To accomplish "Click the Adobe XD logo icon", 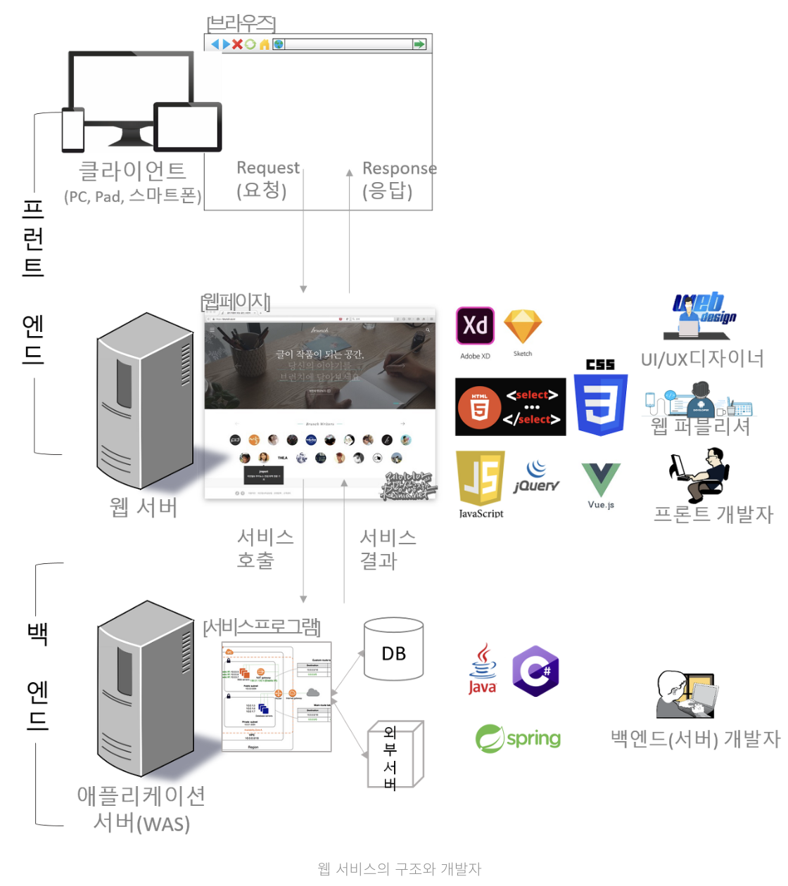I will [475, 326].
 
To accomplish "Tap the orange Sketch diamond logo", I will [523, 326].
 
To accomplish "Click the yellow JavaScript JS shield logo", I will [481, 477].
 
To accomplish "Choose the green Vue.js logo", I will [601, 480].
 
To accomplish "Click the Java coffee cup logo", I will [483, 669].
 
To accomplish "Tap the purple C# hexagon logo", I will [535, 671].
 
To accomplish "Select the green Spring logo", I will [518, 738].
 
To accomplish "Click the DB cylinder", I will [394, 650].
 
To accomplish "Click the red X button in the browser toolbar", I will [238, 44].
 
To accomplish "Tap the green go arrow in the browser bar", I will [419, 44].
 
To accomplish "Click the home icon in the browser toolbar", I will [265, 44].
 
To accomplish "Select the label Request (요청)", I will [267, 179].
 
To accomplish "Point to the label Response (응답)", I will [399, 180].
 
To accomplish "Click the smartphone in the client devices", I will [73, 130].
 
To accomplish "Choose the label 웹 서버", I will [144, 507].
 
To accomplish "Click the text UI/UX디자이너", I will [701, 359].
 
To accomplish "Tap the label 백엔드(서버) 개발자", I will [695, 738].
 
